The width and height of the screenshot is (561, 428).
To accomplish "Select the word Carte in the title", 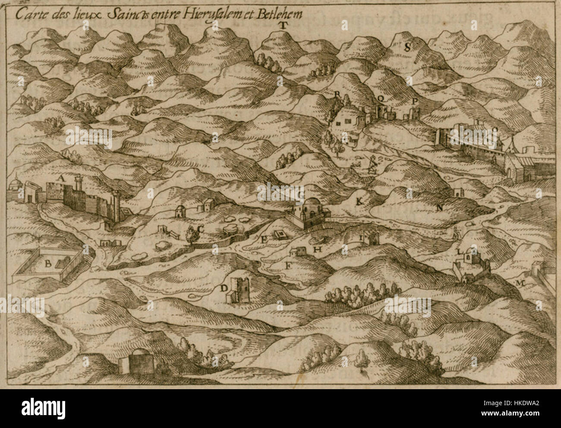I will [27, 13].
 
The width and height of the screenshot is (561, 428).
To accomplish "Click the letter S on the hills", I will [407, 47].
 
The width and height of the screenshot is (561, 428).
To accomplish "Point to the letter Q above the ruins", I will [380, 98].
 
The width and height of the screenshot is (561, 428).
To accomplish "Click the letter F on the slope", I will [287, 265].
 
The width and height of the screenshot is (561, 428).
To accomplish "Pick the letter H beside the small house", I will [317, 249].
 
